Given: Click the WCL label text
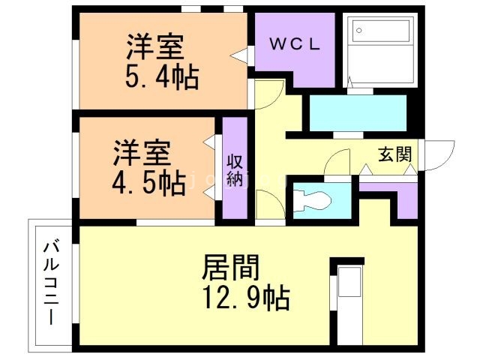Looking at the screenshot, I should [x=295, y=44].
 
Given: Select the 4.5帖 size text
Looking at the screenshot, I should [x=149, y=182].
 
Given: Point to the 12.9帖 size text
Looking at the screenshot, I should [x=244, y=299].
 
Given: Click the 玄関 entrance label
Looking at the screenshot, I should [x=394, y=155].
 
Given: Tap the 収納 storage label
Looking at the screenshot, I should [x=235, y=170].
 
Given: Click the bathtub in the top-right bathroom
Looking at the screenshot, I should [x=382, y=49].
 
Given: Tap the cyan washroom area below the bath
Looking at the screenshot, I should [x=357, y=112].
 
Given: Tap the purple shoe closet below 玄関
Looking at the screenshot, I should [x=397, y=199].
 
